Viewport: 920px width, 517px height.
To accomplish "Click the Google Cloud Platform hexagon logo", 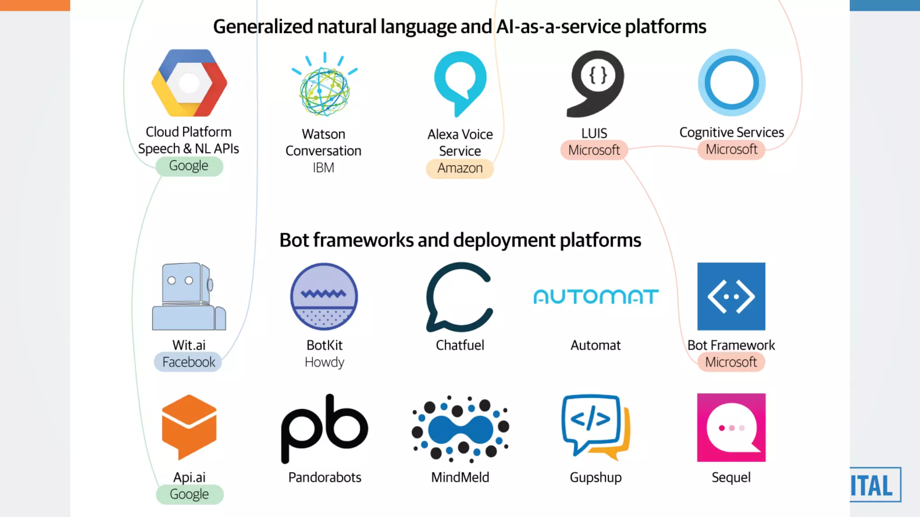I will point(189,83).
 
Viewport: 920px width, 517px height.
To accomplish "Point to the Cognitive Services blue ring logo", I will point(731,83).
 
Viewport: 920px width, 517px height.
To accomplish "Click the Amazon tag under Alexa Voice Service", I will point(460,168).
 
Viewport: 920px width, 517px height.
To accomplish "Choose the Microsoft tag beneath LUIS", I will point(594,150).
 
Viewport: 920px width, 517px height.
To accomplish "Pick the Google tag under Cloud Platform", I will point(189,166).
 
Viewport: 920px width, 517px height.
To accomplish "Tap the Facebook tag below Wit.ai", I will point(189,362).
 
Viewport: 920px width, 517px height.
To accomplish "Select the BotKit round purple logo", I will point(324,297).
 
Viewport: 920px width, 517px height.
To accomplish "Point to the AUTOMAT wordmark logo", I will point(596,297).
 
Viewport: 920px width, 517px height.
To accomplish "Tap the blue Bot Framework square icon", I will point(731,297).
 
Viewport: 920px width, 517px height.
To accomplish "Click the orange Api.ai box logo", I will point(189,427).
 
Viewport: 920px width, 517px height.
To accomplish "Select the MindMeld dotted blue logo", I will point(460,429).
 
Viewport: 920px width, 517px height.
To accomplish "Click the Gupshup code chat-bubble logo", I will point(595,427).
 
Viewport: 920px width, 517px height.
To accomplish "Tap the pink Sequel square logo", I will point(731,428).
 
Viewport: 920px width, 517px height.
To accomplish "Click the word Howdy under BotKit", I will point(324,362).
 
